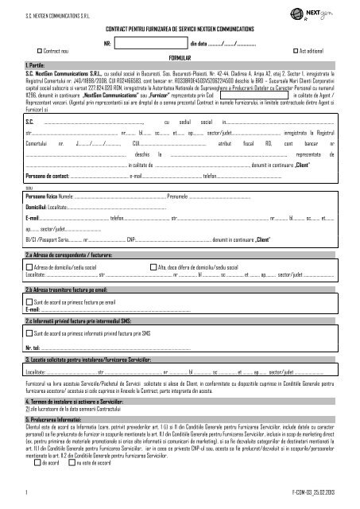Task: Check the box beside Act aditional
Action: (x=295, y=49)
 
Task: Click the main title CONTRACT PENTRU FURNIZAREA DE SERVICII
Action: (x=179, y=29)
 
